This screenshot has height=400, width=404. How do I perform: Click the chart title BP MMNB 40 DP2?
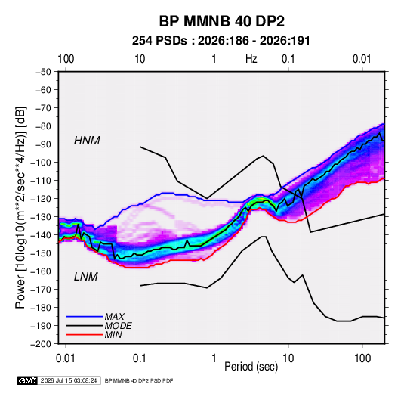point(221,21)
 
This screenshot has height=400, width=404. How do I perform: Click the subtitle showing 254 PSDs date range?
point(221,41)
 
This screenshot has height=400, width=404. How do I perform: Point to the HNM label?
point(87,141)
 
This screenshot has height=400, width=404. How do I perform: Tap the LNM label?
point(86,277)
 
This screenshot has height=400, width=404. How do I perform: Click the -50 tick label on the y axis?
point(43,72)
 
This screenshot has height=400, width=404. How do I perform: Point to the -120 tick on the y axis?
point(41,199)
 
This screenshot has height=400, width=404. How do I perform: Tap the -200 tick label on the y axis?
point(41,344)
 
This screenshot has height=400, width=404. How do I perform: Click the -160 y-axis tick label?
point(41,271)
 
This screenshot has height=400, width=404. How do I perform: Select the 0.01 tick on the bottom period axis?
point(66,358)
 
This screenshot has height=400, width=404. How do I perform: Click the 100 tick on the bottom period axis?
point(362,358)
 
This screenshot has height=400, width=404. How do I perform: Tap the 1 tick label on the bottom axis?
point(214,358)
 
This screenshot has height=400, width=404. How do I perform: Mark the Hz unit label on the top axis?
point(251,59)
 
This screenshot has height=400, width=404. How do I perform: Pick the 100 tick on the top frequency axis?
point(66,59)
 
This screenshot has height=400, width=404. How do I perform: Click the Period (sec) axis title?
point(251,367)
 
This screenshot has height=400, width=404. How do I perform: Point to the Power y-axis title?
point(21,208)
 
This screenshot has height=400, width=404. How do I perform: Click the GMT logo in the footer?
point(28,380)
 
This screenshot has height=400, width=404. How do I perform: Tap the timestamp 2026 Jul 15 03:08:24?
point(69,380)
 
